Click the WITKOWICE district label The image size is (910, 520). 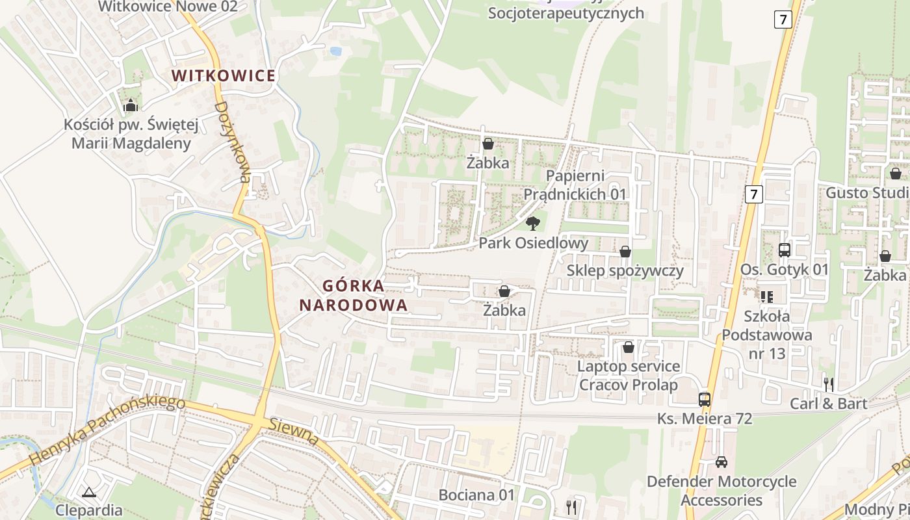point(224,75)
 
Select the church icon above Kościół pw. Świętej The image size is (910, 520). point(131,105)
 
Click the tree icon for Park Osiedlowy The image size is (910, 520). point(532,224)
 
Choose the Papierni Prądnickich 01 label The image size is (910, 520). point(575,185)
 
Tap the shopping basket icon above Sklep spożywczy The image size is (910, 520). point(625,251)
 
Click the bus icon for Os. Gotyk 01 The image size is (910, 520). point(785,250)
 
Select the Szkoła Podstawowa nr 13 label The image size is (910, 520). point(767,335)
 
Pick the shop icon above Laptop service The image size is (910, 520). point(629,347)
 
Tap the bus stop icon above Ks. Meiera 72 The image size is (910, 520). point(705,399)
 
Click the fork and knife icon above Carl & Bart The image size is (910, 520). point(828,384)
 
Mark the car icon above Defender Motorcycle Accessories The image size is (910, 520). point(721,462)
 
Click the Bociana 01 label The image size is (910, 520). point(476,495)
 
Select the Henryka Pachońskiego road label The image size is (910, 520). point(107,431)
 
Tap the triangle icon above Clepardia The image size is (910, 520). point(89,491)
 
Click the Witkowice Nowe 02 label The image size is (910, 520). point(168,6)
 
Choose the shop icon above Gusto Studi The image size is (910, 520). point(895,174)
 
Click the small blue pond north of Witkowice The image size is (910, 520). point(335,51)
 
